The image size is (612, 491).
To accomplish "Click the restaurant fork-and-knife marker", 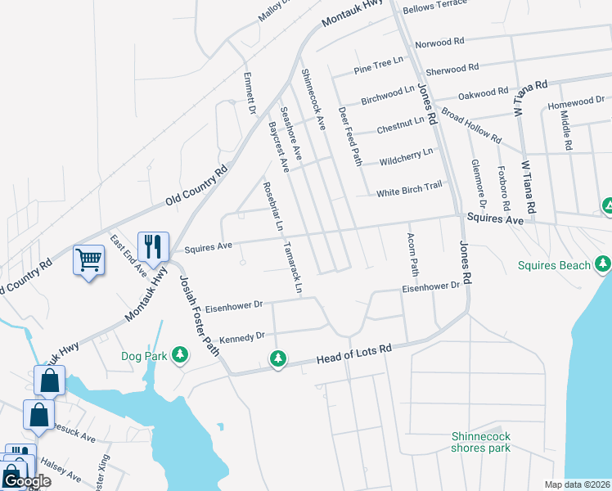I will (153, 245).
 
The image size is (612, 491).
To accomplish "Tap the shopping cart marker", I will (88, 260).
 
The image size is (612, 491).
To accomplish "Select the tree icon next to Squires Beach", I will (603, 264).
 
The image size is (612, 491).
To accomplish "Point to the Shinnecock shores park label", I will (481, 442).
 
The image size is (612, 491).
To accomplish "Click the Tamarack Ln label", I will (292, 268).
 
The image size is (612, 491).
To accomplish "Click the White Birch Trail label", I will (409, 192).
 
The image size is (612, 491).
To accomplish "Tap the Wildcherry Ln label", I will (406, 154).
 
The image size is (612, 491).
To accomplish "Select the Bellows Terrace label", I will (434, 5).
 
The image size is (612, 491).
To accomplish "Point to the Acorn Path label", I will (413, 254).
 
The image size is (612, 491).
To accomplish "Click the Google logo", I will (27, 481).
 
